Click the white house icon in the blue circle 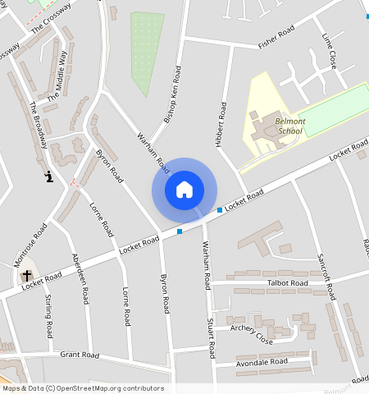coord(184,190)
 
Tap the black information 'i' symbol coord(49,176)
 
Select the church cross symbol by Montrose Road coord(27,275)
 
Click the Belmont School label coord(290,126)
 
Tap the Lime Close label coord(330,50)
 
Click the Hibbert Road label coord(220,125)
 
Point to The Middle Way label coord(57,74)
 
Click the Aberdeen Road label coord(80,268)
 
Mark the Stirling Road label coord(49,316)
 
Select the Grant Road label coord(80,355)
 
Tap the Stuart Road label coord(211,338)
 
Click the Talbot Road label coord(288,283)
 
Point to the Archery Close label coord(251,332)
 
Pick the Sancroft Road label coord(325,270)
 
